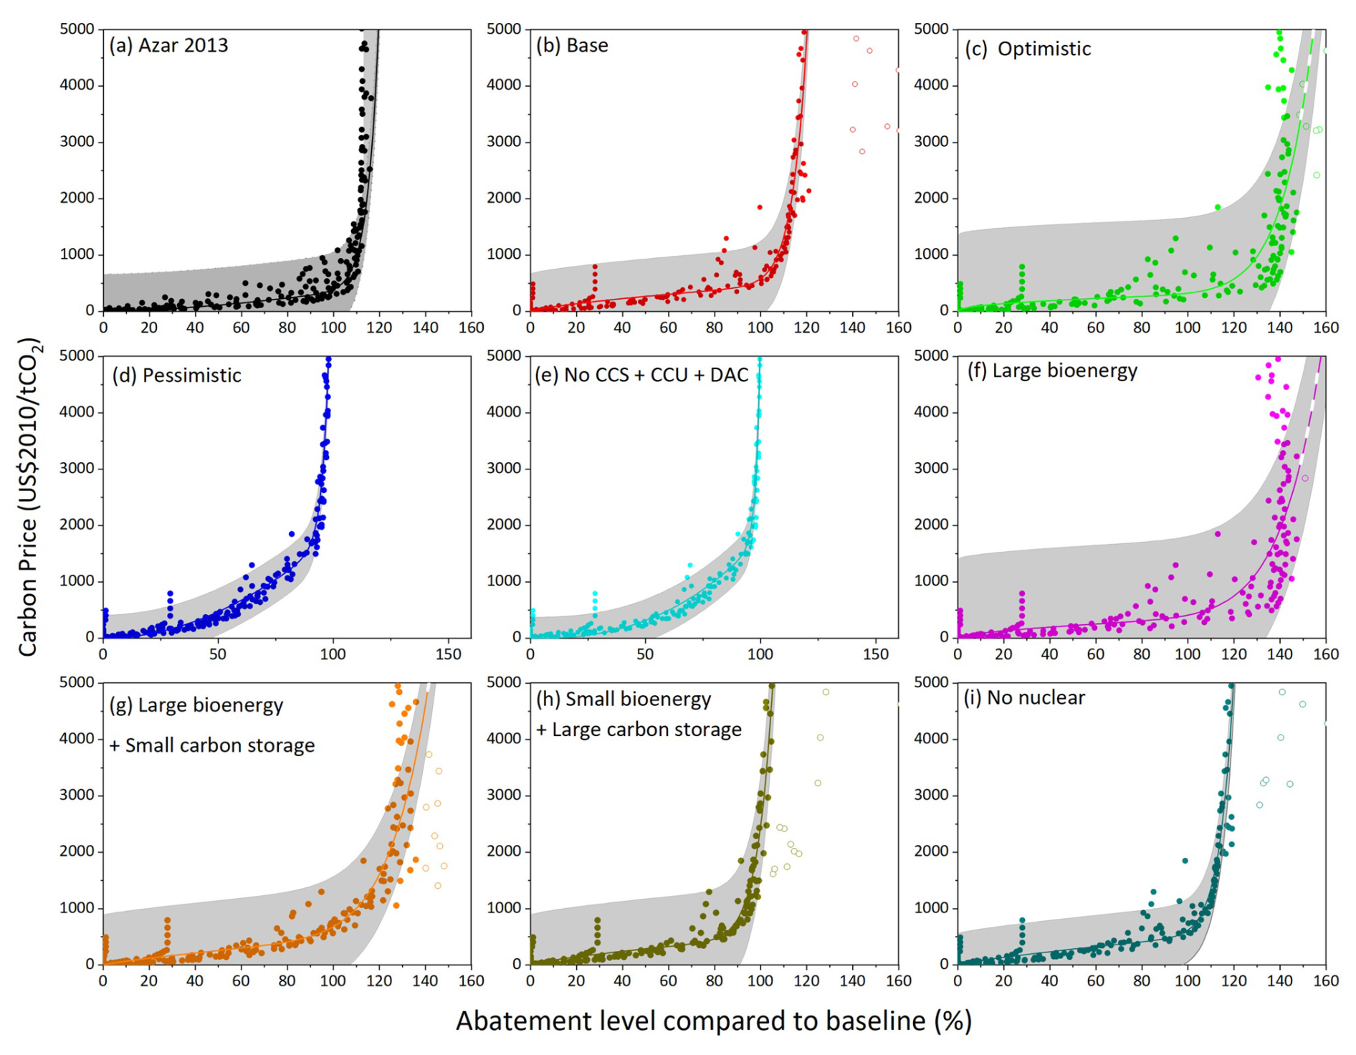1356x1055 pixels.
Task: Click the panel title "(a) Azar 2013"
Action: point(168,46)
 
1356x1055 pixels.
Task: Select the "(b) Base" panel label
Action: point(572,46)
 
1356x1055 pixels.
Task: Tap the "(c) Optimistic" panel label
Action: point(1028,49)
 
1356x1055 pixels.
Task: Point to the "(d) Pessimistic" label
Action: point(176,376)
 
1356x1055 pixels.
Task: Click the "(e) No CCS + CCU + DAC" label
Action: point(641,375)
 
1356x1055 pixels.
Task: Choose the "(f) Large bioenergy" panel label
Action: point(1052,371)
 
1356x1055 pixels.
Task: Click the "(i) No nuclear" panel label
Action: point(1024,697)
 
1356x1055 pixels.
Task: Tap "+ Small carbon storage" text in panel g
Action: point(211,745)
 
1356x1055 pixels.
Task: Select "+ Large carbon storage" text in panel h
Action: point(639,730)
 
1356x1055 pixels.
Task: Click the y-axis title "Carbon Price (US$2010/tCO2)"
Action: point(29,497)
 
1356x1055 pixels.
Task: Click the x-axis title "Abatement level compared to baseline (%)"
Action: point(713,1021)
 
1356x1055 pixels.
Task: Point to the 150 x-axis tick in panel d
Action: point(448,654)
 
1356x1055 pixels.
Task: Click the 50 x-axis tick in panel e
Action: point(645,654)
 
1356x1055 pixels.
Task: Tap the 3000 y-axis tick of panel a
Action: point(77,141)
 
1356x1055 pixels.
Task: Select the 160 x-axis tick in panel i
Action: point(1325,980)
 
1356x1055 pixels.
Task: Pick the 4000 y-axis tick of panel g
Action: point(77,738)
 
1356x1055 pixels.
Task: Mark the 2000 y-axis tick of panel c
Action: point(931,198)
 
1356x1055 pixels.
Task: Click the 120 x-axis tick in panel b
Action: point(806,328)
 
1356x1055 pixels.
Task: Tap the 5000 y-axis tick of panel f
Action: point(931,355)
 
